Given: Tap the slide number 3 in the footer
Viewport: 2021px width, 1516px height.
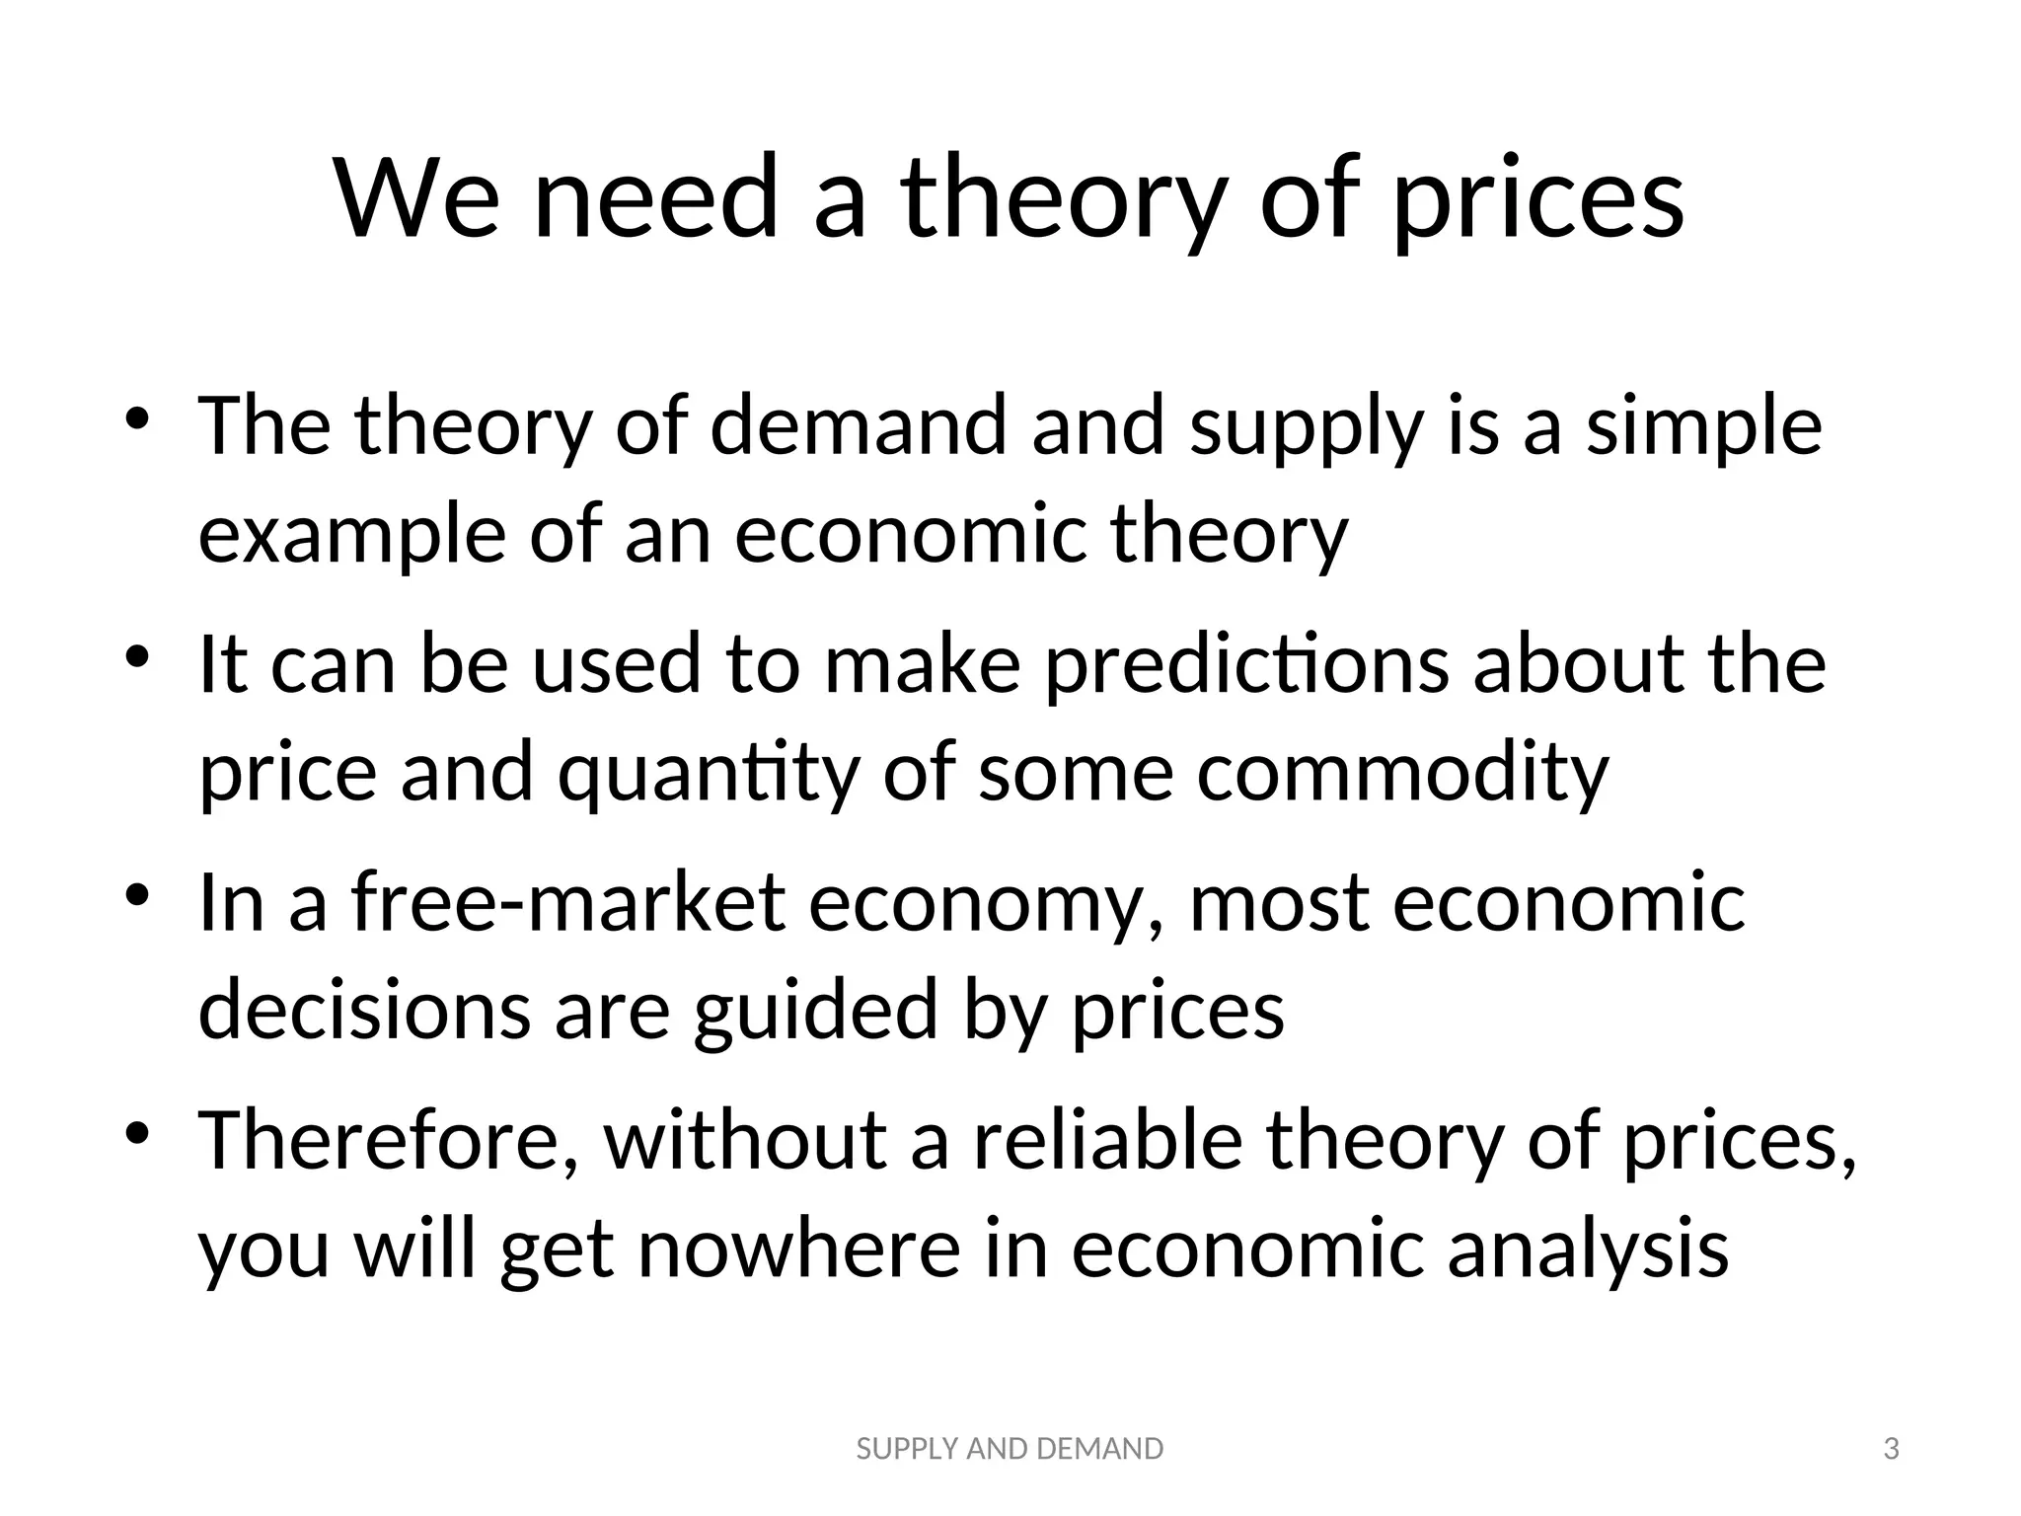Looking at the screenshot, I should [1891, 1449].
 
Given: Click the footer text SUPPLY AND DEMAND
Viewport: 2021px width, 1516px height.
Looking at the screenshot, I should [1010, 1449].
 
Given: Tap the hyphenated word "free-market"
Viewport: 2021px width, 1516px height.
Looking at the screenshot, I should [568, 903].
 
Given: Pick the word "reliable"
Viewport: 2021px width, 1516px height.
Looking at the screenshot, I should [1107, 1142].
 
